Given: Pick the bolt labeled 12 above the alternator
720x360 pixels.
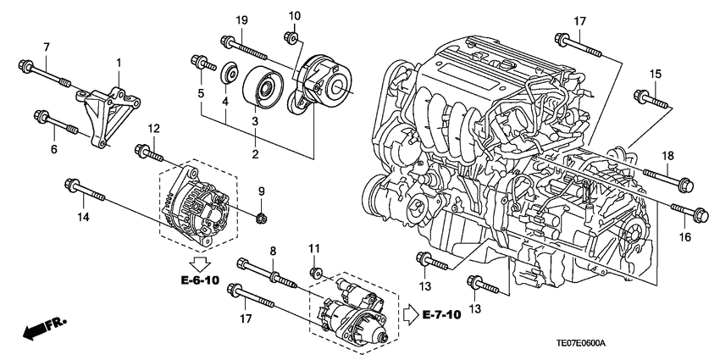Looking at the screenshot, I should [x=152, y=154].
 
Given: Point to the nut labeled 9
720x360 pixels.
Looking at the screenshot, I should [x=261, y=219].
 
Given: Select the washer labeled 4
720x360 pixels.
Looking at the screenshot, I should [x=228, y=74].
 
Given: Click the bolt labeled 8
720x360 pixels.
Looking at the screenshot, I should [x=258, y=272].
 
